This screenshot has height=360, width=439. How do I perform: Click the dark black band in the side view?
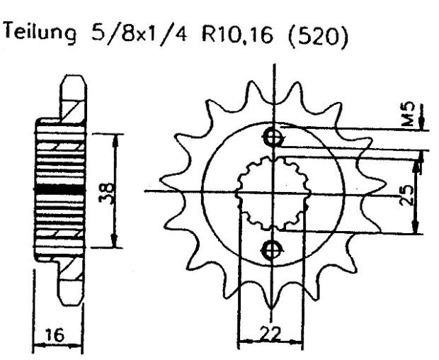[x=59, y=189]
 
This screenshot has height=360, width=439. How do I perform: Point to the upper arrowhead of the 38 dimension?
[x=114, y=137]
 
